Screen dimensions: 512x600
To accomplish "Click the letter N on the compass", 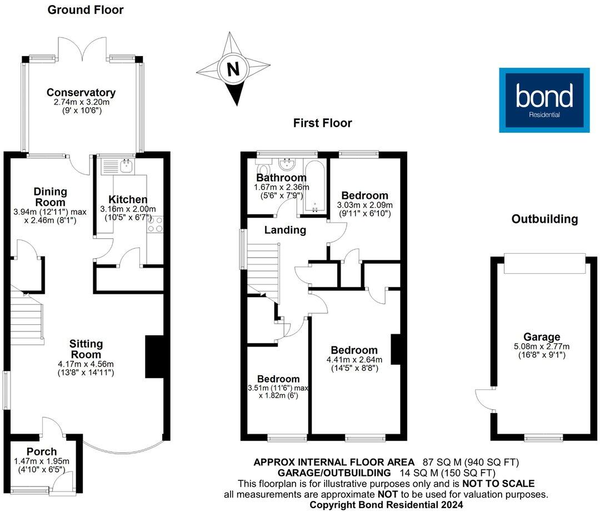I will point(234,70).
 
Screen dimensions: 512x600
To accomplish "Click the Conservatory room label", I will point(81,93).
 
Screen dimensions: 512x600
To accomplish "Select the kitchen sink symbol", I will point(123,165).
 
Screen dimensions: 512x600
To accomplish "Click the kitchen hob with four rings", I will point(156,223).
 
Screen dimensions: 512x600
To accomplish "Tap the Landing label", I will point(285,230).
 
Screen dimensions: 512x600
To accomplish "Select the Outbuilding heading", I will point(544,219).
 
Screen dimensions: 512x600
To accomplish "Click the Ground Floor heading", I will point(86,9).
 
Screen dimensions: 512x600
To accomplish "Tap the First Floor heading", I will point(323,123).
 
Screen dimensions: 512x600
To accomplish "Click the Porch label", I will point(42,451).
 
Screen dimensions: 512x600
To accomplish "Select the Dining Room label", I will point(51,195).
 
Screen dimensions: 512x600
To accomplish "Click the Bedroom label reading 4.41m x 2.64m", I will point(354,350).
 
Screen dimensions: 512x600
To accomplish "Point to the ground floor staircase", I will point(27,317).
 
